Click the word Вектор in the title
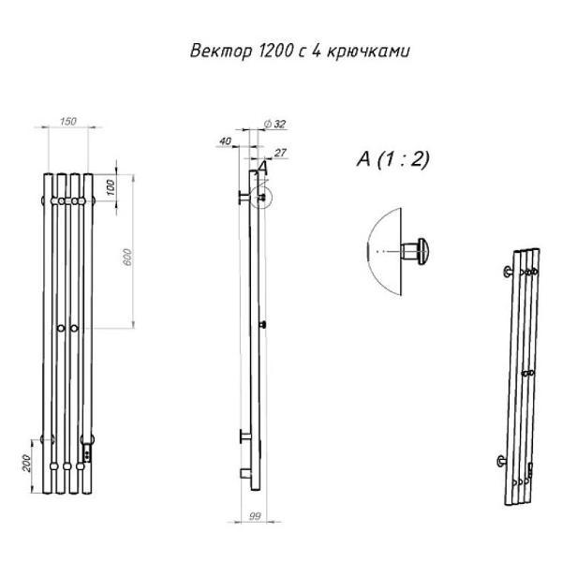(x=221, y=51)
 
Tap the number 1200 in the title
(x=274, y=51)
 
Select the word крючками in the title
(x=368, y=52)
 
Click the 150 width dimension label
(x=68, y=121)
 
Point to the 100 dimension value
(x=111, y=187)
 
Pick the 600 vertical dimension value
(x=127, y=257)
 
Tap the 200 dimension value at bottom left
(x=27, y=463)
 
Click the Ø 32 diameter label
(x=274, y=124)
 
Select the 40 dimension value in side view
(x=225, y=141)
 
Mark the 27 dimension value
(x=280, y=153)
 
